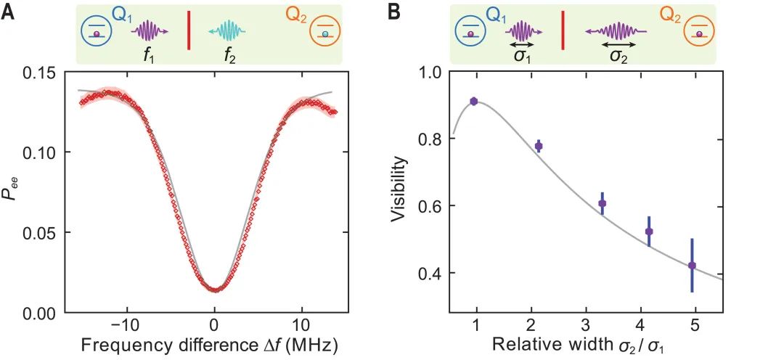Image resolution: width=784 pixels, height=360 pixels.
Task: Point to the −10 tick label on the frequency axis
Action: pyautogui.click(x=125, y=324)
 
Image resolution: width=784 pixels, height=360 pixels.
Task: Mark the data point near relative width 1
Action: pyautogui.click(x=473, y=102)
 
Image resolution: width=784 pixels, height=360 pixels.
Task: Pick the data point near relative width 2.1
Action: pyautogui.click(x=539, y=146)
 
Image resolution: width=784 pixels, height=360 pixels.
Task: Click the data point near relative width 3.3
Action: pyautogui.click(x=602, y=203)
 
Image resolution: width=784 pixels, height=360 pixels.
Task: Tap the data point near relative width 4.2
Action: pyautogui.click(x=649, y=232)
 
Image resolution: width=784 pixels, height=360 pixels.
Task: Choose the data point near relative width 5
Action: pyautogui.click(x=692, y=266)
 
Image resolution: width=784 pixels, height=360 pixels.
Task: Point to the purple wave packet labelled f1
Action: pyautogui.click(x=149, y=32)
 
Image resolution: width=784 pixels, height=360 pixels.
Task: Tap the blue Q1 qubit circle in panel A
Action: pyautogui.click(x=96, y=33)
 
